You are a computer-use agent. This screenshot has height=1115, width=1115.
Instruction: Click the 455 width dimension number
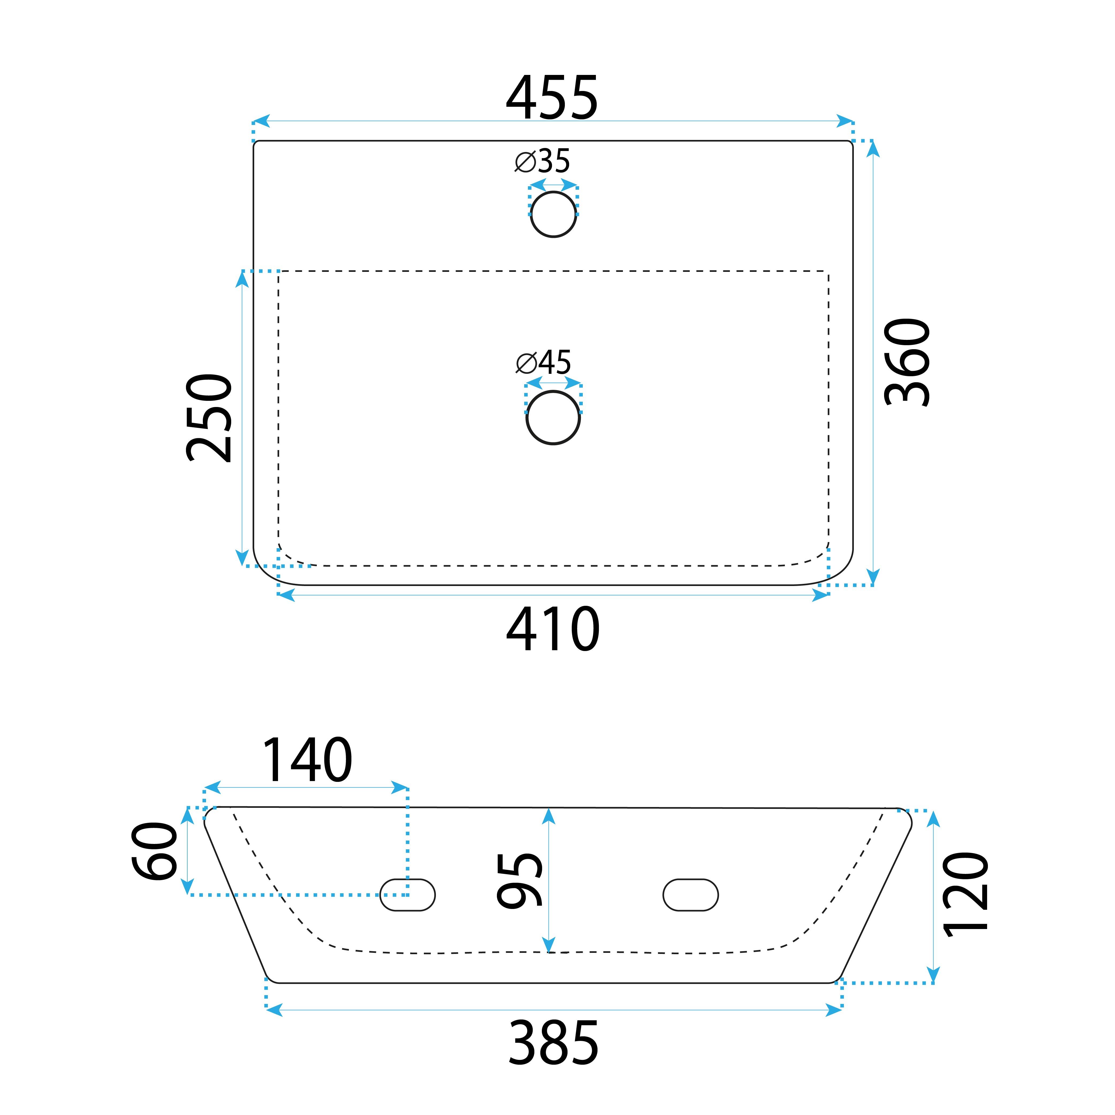(552, 98)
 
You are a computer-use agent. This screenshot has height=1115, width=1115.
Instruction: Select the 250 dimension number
(209, 418)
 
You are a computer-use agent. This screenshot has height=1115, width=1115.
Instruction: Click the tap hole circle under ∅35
(553, 214)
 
